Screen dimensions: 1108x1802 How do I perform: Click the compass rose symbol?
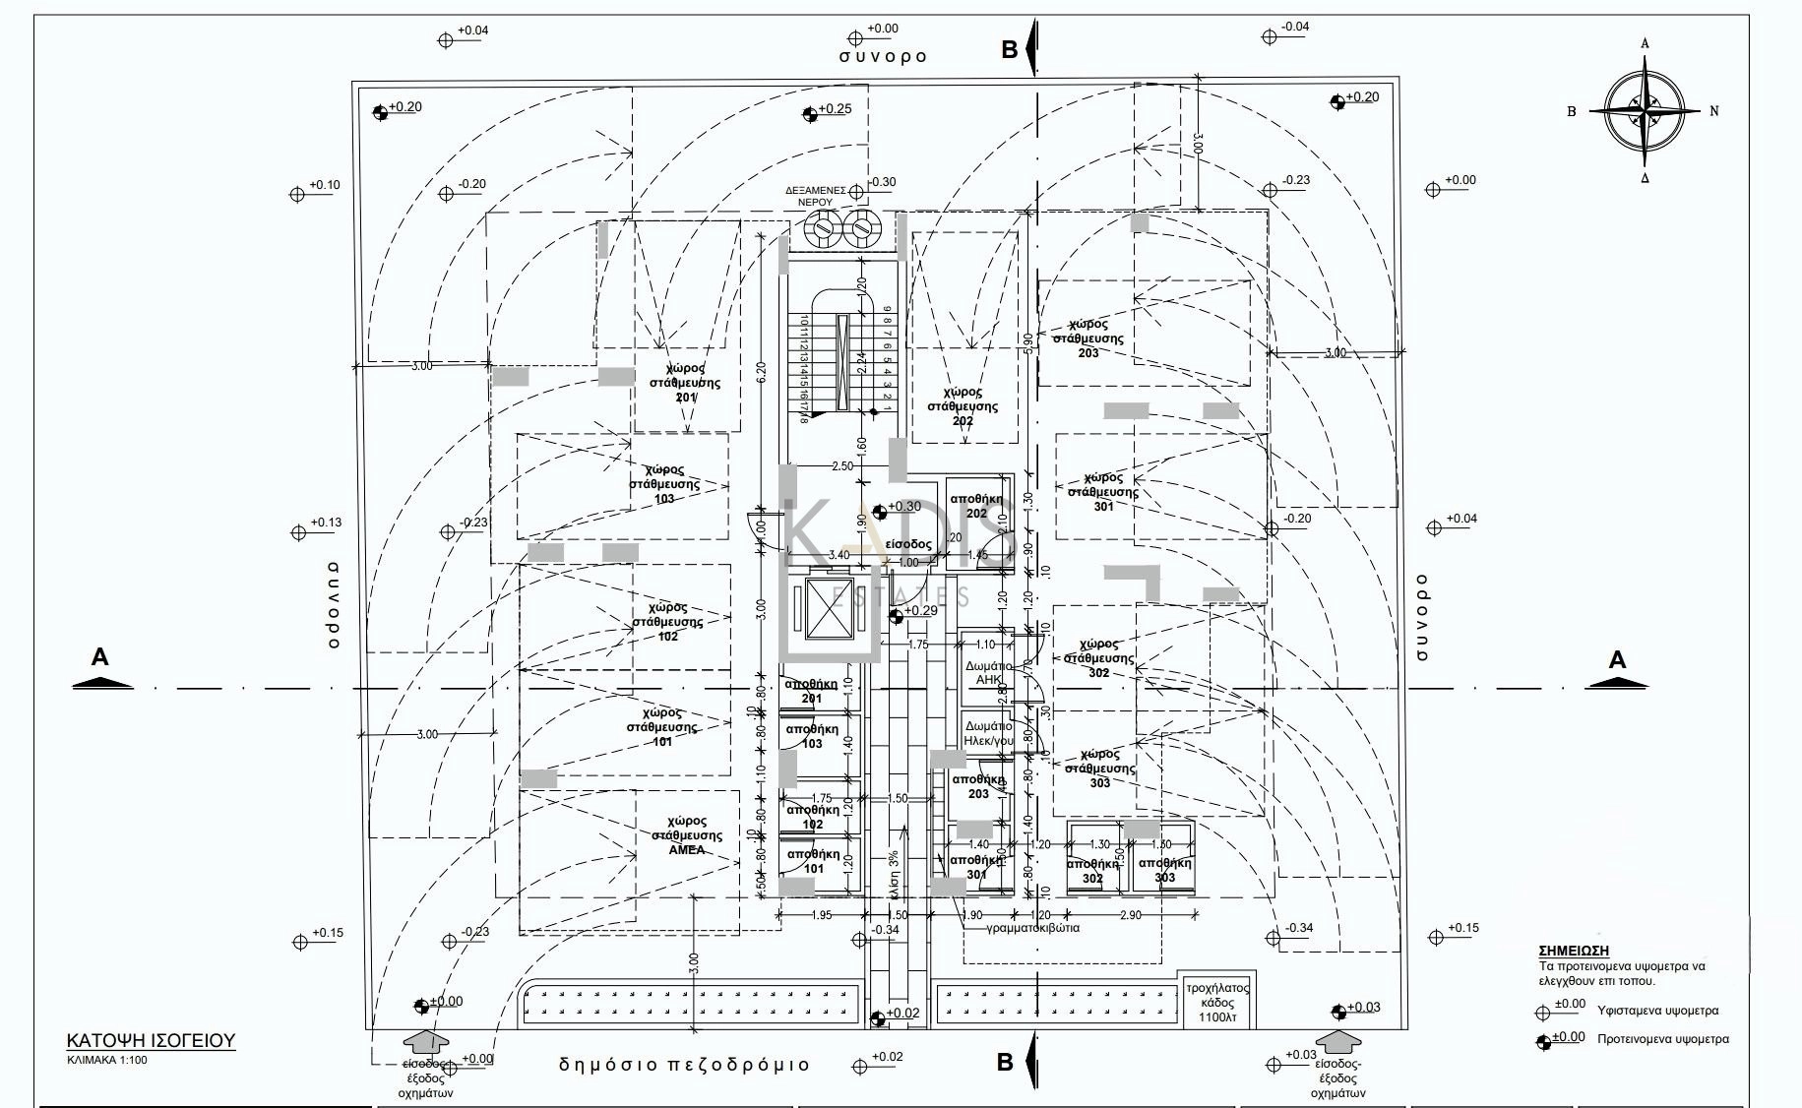click(x=1645, y=110)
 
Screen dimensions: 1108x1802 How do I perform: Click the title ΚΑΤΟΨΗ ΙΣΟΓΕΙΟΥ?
click(x=151, y=1040)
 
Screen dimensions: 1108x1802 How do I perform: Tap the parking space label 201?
click(x=686, y=383)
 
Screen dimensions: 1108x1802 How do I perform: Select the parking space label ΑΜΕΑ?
click(x=687, y=835)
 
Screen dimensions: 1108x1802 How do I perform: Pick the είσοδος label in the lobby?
click(x=907, y=544)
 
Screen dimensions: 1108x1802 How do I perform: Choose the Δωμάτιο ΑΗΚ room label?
click(x=987, y=673)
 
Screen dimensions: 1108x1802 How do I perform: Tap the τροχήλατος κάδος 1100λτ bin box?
click(x=1216, y=1002)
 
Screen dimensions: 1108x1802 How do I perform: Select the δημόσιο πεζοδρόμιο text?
click(x=684, y=1064)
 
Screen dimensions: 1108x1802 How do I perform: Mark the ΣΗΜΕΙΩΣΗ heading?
click(x=1573, y=951)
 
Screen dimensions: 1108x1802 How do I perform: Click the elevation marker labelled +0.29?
click(x=896, y=616)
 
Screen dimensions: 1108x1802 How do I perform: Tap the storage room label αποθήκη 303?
click(x=1164, y=870)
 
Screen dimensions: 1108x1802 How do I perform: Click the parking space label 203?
click(x=1087, y=338)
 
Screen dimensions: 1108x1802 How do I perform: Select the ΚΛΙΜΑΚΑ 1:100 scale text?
click(x=107, y=1060)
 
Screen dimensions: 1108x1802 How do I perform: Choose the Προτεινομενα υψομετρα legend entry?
click(x=1662, y=1038)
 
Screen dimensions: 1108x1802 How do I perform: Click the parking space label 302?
click(x=1098, y=658)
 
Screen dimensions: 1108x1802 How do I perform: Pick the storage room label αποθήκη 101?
click(x=813, y=861)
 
